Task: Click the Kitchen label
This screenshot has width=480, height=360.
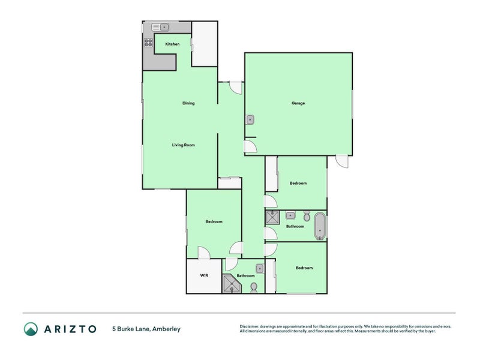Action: [172, 44]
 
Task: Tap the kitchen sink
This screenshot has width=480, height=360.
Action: [160, 27]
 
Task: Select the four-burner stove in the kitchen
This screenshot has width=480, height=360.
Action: [148, 43]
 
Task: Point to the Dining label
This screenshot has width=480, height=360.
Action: [188, 103]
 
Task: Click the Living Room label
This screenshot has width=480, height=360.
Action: [184, 145]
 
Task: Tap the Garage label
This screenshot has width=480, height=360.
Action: [298, 103]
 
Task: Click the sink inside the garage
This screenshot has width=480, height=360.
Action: [250, 119]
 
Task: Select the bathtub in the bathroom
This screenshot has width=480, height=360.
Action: [320, 226]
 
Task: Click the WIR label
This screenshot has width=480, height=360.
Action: [204, 275]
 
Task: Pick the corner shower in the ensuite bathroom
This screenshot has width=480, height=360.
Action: [232, 284]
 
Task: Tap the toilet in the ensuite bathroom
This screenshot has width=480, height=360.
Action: [254, 288]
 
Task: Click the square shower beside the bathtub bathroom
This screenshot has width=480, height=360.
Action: [272, 218]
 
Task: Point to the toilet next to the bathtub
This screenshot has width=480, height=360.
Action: [307, 216]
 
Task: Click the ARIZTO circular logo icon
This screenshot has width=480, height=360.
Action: [31, 329]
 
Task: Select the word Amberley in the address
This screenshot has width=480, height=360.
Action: [167, 329]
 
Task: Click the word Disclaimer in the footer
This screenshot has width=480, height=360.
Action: [249, 326]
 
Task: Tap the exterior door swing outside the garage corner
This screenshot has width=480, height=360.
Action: [342, 161]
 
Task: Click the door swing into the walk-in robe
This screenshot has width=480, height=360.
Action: [204, 253]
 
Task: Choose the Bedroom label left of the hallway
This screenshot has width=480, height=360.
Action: [214, 221]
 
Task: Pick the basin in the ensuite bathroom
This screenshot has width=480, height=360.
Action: [260, 268]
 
